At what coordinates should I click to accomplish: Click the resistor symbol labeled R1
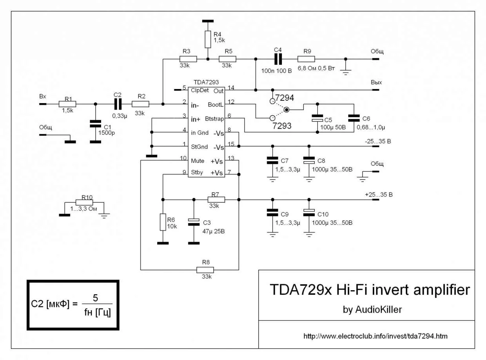point(67,104)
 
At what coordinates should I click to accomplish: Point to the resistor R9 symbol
point(306,59)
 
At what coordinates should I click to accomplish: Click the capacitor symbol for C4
point(278,59)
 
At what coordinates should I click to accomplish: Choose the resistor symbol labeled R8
point(205,270)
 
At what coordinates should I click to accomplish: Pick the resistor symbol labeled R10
point(84,203)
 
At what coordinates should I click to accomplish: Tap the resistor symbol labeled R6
point(163,222)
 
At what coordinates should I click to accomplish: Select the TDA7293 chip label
point(206,83)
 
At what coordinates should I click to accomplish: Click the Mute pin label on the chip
point(198,161)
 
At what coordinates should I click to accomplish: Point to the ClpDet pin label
point(200,90)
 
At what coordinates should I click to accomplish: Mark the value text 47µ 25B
point(214,231)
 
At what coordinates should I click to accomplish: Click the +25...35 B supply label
point(379,194)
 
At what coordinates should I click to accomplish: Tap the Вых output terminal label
point(376,83)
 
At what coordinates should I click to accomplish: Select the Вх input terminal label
point(42,96)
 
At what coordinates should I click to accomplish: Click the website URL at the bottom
point(375,336)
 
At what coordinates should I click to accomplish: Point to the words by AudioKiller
point(372,309)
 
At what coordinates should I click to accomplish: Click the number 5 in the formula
point(95,298)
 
